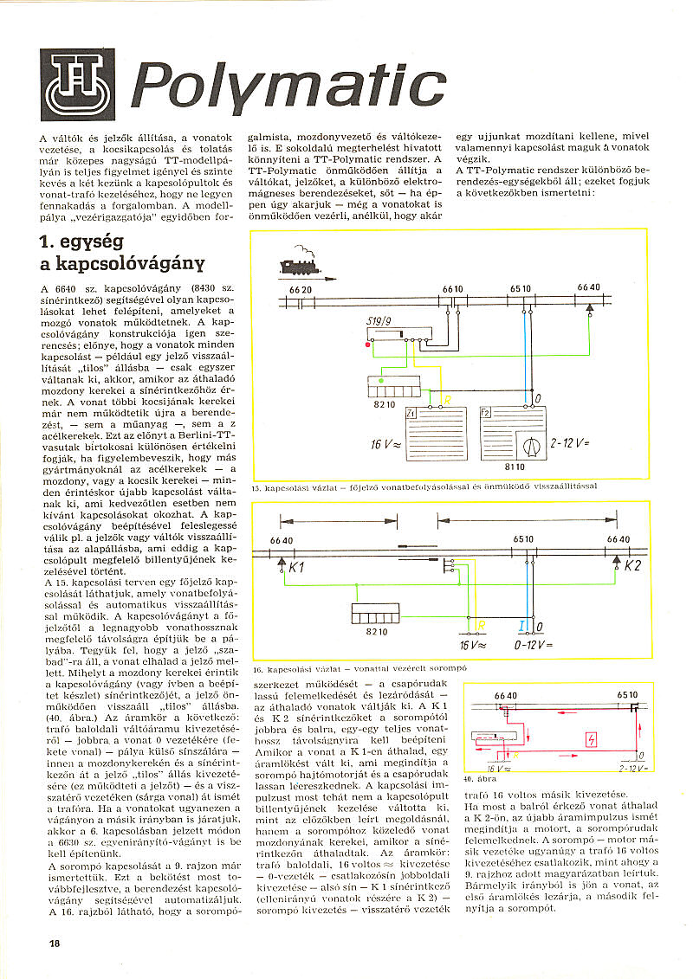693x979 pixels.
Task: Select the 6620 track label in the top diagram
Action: (x=300, y=289)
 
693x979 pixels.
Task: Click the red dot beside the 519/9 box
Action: (x=368, y=345)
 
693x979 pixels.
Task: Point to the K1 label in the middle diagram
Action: (x=297, y=570)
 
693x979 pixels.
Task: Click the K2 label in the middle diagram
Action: (x=633, y=568)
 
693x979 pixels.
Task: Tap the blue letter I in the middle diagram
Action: (x=521, y=625)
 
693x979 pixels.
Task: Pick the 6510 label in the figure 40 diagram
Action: (x=628, y=695)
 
